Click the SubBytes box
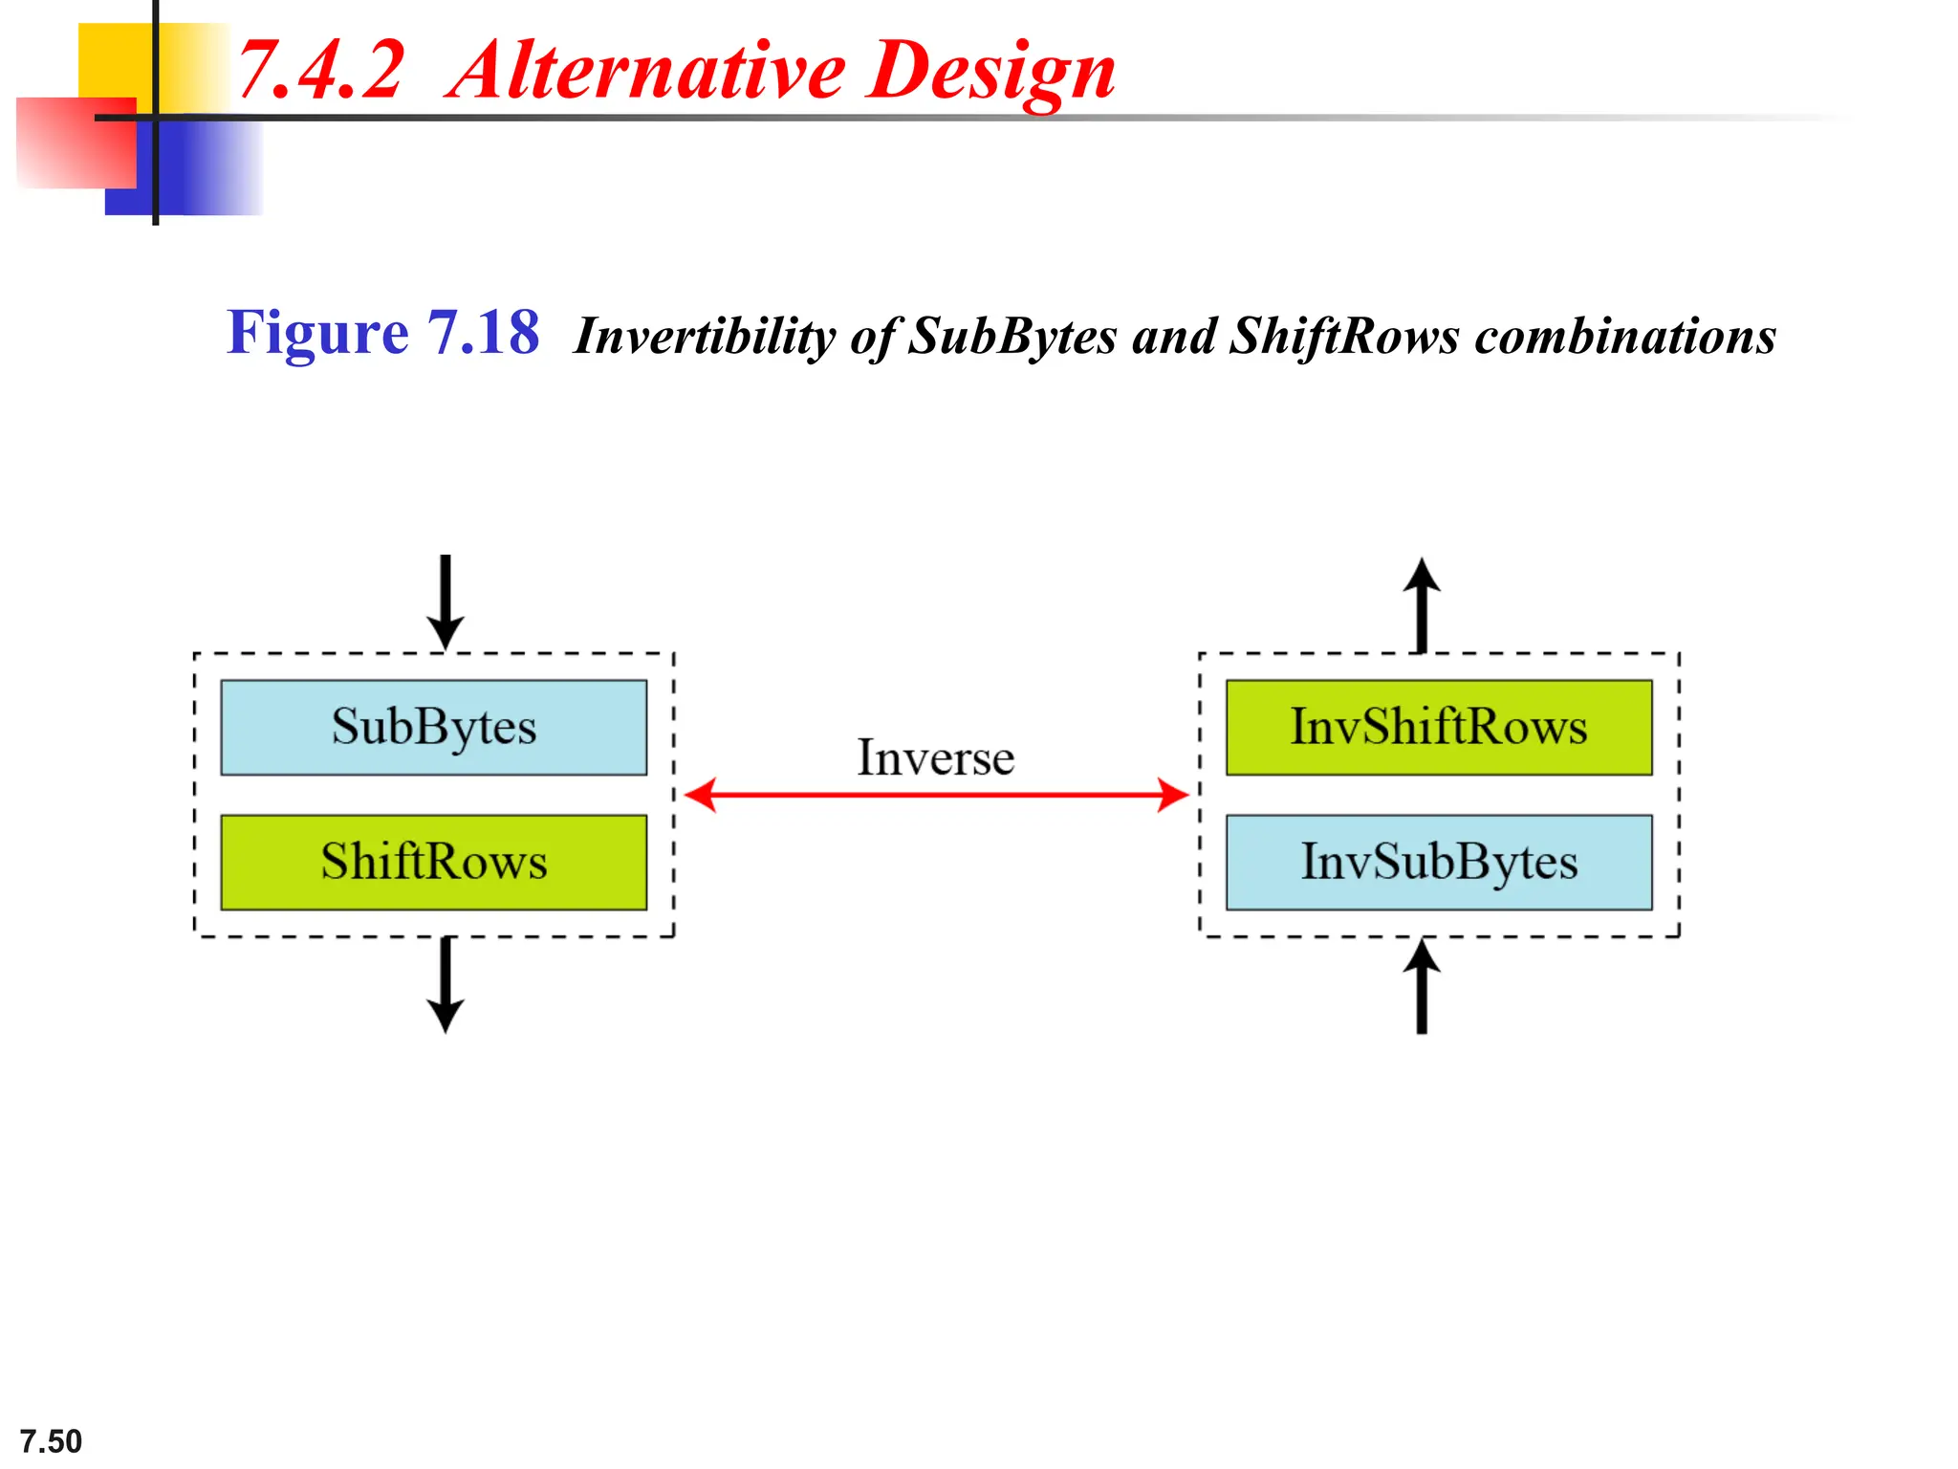pos(433,727)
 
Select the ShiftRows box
pos(433,862)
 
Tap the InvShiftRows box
pos(1438,727)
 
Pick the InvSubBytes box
pos(1438,862)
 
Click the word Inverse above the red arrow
pos(934,758)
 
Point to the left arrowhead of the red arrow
pos(701,795)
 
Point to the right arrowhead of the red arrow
pos(1173,795)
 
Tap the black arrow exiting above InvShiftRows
pos(1422,604)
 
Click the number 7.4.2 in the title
pos(321,71)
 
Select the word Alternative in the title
pos(646,71)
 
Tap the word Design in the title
pos(991,73)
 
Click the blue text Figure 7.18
pos(382,333)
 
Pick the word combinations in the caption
pos(1625,337)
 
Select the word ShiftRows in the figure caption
pos(1344,337)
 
